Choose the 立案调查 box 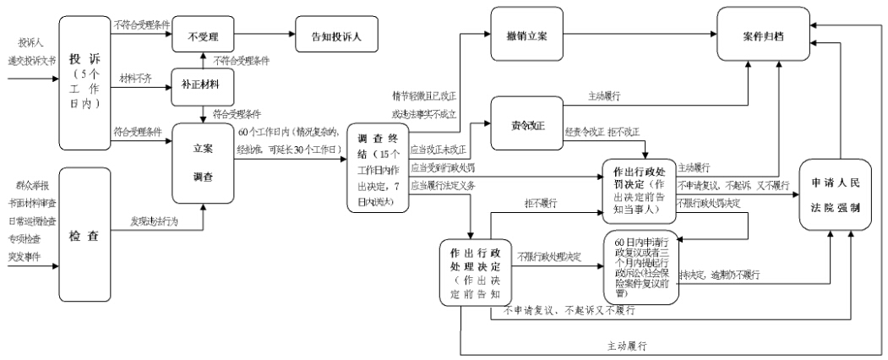click(203, 155)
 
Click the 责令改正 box click(528, 126)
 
